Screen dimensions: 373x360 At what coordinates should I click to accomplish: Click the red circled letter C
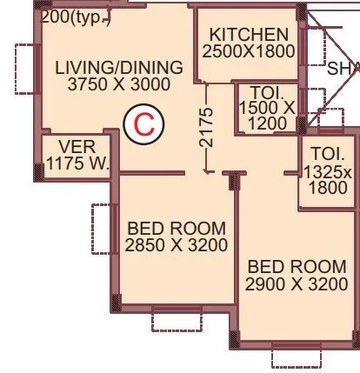click(143, 124)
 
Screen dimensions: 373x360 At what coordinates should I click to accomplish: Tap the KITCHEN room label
click(249, 35)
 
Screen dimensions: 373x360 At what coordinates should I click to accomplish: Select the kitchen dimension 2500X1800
click(249, 51)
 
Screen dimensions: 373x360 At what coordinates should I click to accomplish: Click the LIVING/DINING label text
click(119, 68)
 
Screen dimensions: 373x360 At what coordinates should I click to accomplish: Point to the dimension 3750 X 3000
click(119, 85)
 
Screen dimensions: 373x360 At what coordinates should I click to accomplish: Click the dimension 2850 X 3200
click(177, 246)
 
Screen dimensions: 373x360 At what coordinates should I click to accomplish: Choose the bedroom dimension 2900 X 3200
click(297, 284)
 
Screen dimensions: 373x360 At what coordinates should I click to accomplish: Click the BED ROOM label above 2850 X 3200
click(177, 229)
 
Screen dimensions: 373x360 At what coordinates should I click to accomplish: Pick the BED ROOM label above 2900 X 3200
click(297, 267)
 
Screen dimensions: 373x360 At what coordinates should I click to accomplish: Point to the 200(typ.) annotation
click(76, 16)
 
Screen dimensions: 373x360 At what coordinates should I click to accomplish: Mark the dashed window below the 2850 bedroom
click(177, 318)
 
